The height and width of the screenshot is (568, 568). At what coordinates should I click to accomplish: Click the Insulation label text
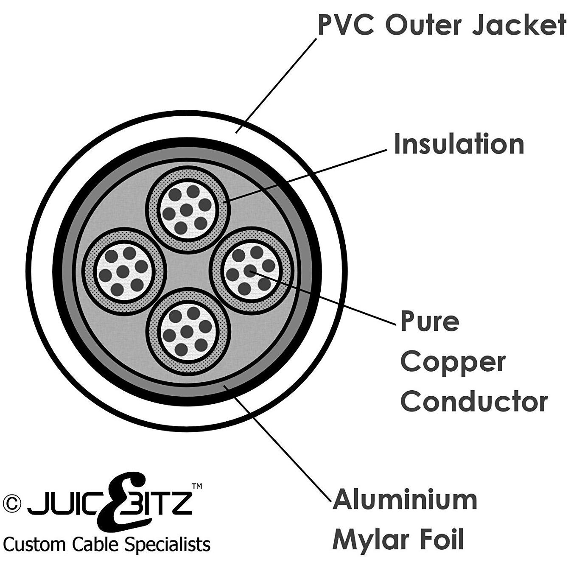tap(459, 143)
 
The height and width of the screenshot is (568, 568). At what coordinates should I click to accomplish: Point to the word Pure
tap(429, 321)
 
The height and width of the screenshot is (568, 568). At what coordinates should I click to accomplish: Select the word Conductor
tap(474, 402)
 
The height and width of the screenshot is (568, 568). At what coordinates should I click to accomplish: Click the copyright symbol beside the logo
tap(12, 504)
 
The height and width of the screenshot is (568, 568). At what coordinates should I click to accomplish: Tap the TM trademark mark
tap(196, 486)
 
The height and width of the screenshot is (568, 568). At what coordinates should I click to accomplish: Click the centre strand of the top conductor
tap(186, 210)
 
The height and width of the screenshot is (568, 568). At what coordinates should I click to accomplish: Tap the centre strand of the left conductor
tap(123, 272)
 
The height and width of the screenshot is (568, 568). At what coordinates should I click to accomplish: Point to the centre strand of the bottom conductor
tap(187, 331)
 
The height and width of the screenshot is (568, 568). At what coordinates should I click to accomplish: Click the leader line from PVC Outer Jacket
tap(276, 86)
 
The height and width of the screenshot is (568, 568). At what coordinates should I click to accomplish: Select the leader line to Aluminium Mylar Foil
tap(277, 443)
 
